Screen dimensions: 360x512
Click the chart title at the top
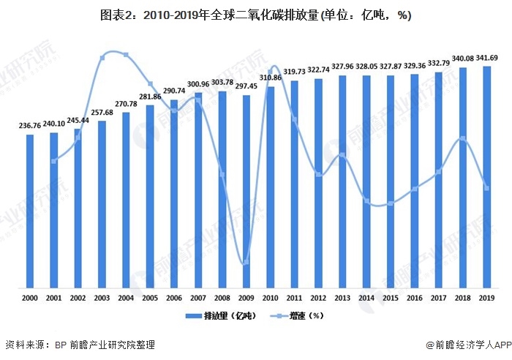point(256,15)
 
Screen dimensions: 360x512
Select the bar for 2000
point(30,212)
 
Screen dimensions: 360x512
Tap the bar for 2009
point(246,192)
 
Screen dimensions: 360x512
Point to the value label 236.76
point(30,126)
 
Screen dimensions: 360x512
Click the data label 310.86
point(271,78)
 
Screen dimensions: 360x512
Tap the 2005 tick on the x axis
point(150,299)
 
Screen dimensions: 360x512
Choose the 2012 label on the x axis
point(318,299)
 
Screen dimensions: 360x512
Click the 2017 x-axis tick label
point(438,299)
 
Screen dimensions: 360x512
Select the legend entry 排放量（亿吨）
point(214,316)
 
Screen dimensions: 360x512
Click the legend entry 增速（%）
point(301,316)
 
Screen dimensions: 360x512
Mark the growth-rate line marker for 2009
point(246,262)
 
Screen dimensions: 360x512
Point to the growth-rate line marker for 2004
point(126,55)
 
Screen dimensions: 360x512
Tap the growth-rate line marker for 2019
point(486,188)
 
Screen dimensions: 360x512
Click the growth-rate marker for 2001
point(54,161)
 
